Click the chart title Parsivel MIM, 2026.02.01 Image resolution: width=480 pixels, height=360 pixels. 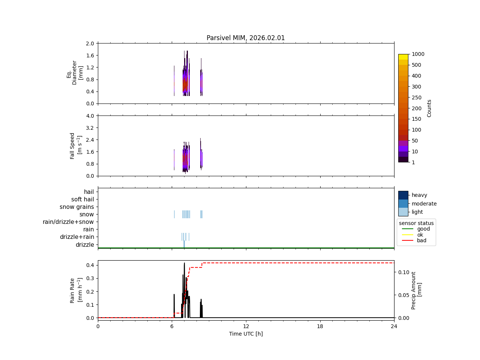(246, 38)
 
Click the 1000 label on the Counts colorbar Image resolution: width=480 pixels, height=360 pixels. (418, 54)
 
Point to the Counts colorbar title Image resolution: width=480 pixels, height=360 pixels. (429, 108)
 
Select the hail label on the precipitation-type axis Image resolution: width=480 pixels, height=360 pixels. (89, 192)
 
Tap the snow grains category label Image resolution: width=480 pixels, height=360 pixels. (76, 207)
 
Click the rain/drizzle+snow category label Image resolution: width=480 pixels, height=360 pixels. (68, 222)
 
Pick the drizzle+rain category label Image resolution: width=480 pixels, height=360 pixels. (77, 237)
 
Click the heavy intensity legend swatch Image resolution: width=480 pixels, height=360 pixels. (403, 195)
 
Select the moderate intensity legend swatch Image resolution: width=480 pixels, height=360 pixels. (403, 204)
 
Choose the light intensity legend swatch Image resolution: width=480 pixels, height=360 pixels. (403, 212)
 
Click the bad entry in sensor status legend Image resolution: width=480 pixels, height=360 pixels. (421, 241)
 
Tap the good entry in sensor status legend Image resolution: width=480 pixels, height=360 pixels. (423, 229)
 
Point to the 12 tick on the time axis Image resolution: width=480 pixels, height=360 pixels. (246, 326)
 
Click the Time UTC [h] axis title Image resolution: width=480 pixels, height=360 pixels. (246, 334)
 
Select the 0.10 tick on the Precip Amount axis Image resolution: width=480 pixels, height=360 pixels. (404, 272)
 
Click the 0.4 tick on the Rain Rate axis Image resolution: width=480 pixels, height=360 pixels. (90, 265)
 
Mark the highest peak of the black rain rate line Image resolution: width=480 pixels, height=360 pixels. (184, 263)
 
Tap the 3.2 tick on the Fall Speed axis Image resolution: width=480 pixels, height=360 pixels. (90, 128)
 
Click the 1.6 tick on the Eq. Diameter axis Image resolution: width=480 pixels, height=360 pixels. (90, 55)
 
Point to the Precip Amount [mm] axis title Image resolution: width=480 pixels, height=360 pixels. (416, 290)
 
